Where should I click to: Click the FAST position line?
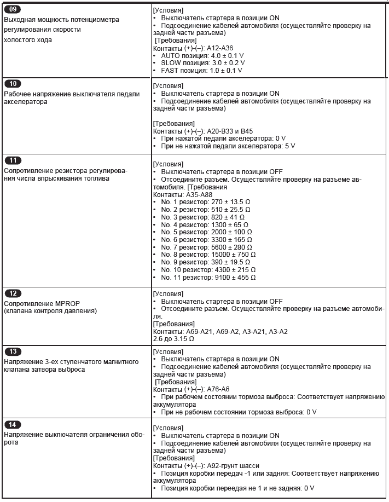[199, 71]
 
